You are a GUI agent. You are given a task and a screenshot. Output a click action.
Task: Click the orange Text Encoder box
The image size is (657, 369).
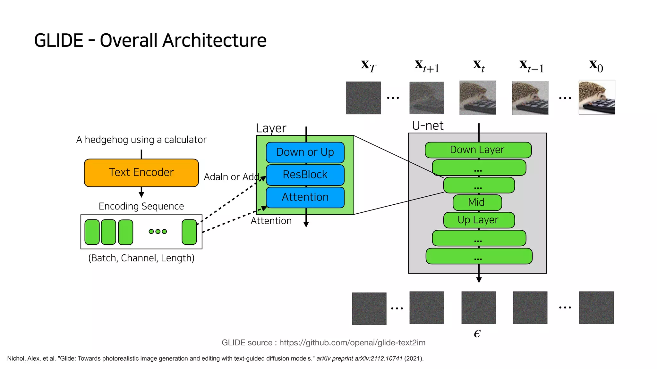(141, 173)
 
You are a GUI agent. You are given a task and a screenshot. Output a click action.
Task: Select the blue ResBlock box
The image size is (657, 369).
(305, 175)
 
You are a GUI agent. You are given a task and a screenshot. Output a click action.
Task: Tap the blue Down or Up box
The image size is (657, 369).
(305, 152)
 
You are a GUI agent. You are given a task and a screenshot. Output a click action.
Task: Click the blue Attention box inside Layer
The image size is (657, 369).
(305, 197)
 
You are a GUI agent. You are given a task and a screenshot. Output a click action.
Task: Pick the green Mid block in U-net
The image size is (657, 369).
(477, 202)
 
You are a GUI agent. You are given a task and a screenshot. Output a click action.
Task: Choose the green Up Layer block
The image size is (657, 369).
(479, 220)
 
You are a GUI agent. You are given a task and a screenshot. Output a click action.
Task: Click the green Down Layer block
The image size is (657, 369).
(478, 150)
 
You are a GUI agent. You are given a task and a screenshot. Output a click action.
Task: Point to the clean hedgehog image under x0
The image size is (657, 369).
(597, 97)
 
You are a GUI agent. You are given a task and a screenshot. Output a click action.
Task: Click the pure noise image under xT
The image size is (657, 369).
(363, 98)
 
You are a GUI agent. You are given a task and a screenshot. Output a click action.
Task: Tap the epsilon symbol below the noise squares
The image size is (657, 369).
(477, 333)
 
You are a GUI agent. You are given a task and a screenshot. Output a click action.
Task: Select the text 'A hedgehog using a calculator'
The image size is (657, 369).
(141, 140)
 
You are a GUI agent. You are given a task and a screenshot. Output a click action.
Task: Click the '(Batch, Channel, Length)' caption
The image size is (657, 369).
(141, 258)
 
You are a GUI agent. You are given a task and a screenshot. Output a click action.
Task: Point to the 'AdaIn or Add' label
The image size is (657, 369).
(231, 177)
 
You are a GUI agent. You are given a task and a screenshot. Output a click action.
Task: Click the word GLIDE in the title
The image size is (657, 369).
(59, 41)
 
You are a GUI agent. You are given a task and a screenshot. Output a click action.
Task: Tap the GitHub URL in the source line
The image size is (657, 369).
(352, 343)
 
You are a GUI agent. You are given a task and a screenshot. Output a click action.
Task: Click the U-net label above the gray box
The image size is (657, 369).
(428, 126)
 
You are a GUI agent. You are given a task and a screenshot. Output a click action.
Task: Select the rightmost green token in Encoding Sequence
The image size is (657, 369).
(189, 232)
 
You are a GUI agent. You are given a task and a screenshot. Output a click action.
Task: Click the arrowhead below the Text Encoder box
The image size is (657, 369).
(141, 194)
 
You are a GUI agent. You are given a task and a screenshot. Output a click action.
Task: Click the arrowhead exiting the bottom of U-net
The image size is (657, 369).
(479, 280)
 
